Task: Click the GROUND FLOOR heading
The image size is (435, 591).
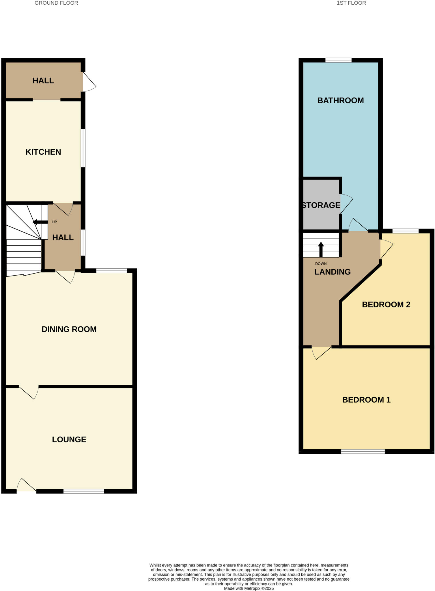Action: tap(56, 3)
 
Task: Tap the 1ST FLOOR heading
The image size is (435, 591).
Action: tap(351, 3)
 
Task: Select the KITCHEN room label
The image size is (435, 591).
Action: tap(43, 152)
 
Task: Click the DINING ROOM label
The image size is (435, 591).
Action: tap(69, 329)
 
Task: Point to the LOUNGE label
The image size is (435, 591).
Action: tap(69, 439)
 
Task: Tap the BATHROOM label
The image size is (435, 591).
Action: tap(340, 100)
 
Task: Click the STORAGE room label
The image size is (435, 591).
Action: tap(321, 205)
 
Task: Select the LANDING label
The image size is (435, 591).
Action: tap(332, 272)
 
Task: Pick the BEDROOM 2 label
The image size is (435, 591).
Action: tap(386, 304)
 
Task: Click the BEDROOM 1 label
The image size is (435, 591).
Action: tap(366, 400)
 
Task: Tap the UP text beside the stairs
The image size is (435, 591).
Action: tap(55, 222)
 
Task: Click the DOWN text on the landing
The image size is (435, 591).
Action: tap(321, 264)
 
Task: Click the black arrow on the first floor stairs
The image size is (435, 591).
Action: tap(321, 249)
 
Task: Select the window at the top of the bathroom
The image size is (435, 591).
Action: tap(338, 60)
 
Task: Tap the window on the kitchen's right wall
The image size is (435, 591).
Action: tap(83, 148)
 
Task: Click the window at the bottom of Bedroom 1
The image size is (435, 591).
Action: tap(363, 452)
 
